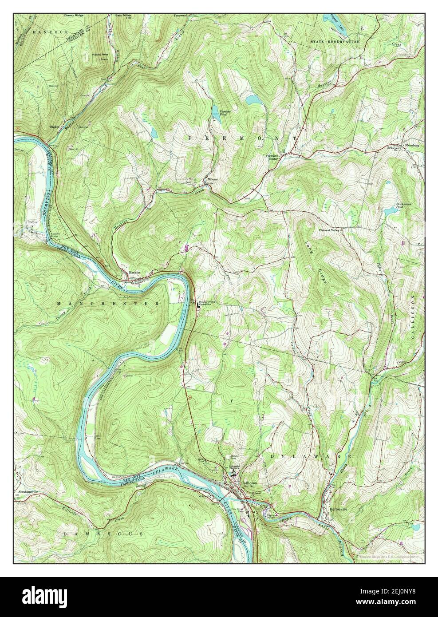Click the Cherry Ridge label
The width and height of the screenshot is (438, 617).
(74, 15)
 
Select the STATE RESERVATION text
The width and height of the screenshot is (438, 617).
(335, 41)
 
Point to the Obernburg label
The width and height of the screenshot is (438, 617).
(411, 145)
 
